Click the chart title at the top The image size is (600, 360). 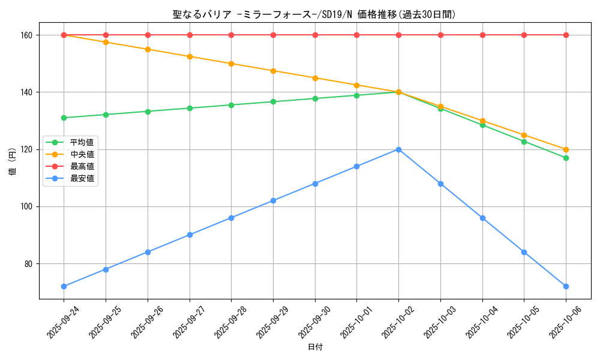pos(314,14)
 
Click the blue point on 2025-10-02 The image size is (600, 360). pos(398,149)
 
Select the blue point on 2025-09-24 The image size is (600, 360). pos(64,286)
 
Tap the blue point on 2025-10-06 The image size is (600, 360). pos(566,286)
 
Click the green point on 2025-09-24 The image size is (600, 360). pos(64,118)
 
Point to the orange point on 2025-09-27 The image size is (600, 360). pos(190,56)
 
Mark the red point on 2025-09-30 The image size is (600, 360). pos(315,35)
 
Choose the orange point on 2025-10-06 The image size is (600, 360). pos(566,149)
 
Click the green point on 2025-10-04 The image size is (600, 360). pos(482,125)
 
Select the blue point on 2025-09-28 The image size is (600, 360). pos(231,218)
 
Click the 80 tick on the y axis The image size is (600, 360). pos(29,263)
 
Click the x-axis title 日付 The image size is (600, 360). pos(315,347)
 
